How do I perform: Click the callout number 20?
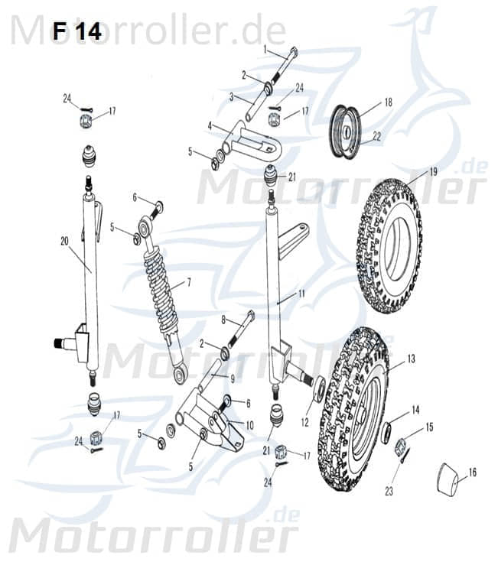point(65,241)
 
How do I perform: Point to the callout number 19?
point(433,172)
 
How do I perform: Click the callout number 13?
point(411,358)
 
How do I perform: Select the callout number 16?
point(472,473)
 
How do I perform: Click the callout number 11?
point(301,293)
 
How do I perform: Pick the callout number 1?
point(265,49)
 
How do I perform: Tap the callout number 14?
point(415,410)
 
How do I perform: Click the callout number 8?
point(223,319)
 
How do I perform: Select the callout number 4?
point(210,125)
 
